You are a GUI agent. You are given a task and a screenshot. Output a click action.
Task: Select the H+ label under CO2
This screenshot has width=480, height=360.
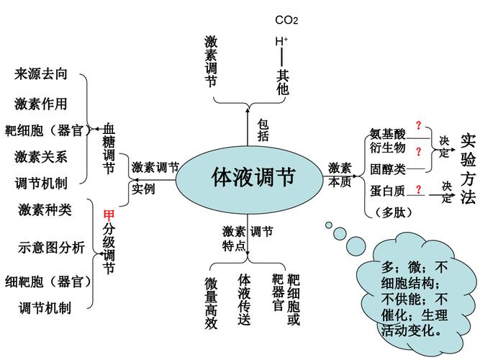(x=281, y=41)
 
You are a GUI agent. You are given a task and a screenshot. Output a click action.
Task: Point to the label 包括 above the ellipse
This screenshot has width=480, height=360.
(x=263, y=130)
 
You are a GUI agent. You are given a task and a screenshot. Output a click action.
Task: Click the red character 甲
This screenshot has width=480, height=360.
(x=109, y=215)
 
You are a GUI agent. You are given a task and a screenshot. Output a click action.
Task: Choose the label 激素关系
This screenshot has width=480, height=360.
(x=41, y=156)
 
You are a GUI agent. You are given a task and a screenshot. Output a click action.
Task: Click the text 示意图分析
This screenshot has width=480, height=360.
(x=51, y=248)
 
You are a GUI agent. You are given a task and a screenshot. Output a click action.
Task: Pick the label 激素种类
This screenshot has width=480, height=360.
(x=45, y=210)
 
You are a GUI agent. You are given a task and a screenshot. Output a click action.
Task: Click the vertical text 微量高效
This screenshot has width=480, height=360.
(x=210, y=302)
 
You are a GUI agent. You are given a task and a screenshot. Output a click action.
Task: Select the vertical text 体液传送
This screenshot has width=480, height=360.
(x=245, y=299)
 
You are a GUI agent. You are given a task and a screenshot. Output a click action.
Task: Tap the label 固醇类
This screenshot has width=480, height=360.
(x=388, y=169)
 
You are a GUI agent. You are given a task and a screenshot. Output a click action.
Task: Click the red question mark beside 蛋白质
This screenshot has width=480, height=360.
(x=419, y=190)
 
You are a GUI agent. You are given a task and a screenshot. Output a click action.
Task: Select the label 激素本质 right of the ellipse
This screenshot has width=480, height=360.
(x=340, y=174)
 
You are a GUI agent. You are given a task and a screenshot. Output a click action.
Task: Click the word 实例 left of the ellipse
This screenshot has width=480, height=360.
(x=143, y=189)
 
